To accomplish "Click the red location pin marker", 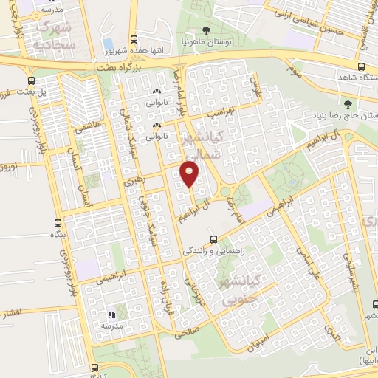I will point(190,175).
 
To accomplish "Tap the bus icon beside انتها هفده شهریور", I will point(132,40).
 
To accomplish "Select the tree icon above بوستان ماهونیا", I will point(206,32).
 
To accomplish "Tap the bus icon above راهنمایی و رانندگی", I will point(213,239).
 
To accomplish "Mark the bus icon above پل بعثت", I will point(32,80).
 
